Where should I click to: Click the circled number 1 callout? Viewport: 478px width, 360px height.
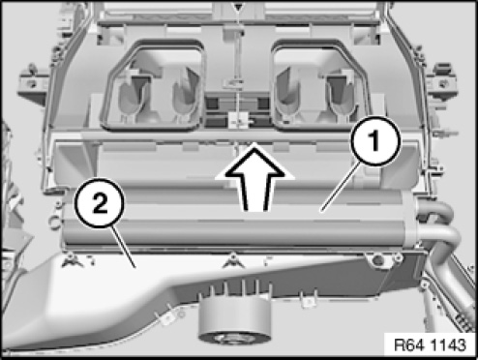[x=375, y=141]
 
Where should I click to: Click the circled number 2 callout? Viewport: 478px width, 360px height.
[x=100, y=203]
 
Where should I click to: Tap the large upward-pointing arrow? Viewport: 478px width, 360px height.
[x=254, y=177]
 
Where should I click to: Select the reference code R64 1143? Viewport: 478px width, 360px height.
[x=431, y=345]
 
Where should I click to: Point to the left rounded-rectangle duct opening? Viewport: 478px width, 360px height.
[x=152, y=85]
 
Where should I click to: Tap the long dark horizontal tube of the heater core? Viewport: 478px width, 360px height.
[x=233, y=232]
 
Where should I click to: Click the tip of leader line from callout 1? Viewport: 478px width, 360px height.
[x=321, y=212]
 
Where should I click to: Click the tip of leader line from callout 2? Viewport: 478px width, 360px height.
[x=134, y=267]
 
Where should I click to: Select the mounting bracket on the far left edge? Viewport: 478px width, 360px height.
[x=33, y=84]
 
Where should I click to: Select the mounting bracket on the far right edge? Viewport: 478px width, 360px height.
[x=442, y=82]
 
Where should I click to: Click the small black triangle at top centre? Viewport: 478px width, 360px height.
[x=238, y=7]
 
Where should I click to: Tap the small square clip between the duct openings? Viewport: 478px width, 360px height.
[x=238, y=121]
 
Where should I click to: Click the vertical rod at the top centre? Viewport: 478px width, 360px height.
[x=238, y=65]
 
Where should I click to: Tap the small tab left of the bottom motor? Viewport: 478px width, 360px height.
[x=167, y=317]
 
